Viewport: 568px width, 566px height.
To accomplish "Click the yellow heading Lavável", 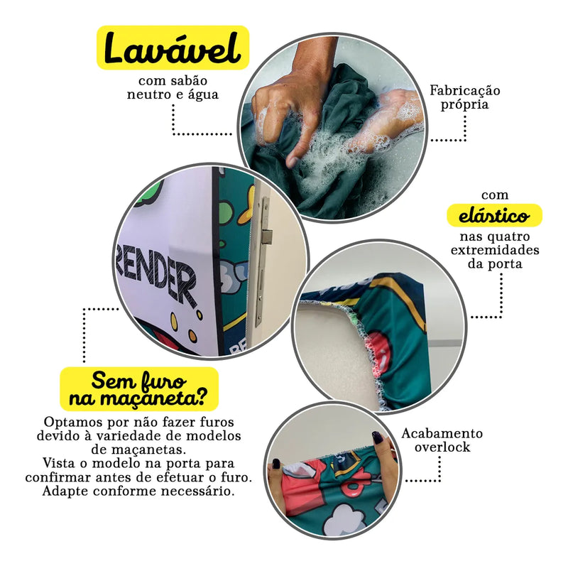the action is tap(173, 48).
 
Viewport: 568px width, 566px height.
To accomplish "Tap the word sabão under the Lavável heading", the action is tap(190, 80).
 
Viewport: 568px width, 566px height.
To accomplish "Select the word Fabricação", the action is tap(465, 91).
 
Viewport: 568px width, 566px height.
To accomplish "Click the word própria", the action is tap(465, 105).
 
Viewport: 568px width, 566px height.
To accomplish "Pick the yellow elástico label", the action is tap(494, 216).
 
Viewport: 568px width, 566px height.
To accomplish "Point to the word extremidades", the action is tap(495, 250).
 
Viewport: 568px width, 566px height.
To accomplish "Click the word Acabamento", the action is tap(442, 433).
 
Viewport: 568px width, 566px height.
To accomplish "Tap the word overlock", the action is tap(442, 447).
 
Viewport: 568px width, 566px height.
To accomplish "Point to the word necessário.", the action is tap(198, 491).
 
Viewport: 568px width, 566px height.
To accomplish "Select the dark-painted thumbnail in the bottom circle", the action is tap(378, 437).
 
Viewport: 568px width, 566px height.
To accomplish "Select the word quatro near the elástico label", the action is tap(512, 237).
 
